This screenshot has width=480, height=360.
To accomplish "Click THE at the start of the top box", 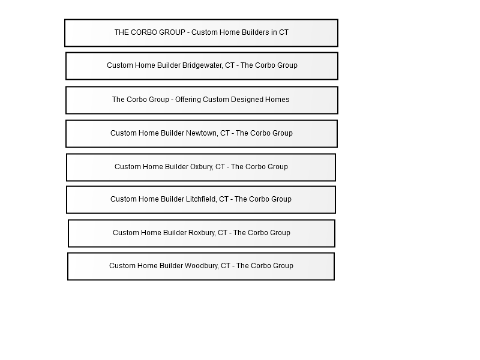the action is coord(122,32).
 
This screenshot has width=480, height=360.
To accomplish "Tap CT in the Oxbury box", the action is coord(220,167).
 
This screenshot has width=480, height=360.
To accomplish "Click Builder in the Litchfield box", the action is coord(173,199).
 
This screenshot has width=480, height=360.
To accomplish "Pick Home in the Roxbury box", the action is coord(151,233).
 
